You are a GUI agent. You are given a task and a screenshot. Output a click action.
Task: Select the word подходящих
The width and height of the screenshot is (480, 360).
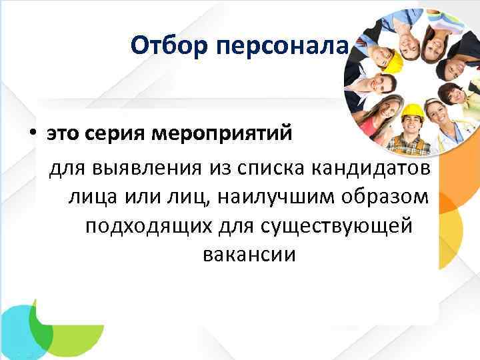pos(147,226)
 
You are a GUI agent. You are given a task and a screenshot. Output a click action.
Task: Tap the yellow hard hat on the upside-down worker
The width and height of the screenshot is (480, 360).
pos(395,61)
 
